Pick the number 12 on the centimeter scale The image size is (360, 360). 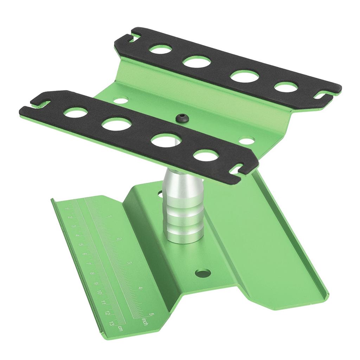coord(108,313)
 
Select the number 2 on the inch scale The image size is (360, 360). coord(120,239)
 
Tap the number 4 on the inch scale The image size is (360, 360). coord(141,288)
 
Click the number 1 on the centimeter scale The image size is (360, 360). coord(66,210)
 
